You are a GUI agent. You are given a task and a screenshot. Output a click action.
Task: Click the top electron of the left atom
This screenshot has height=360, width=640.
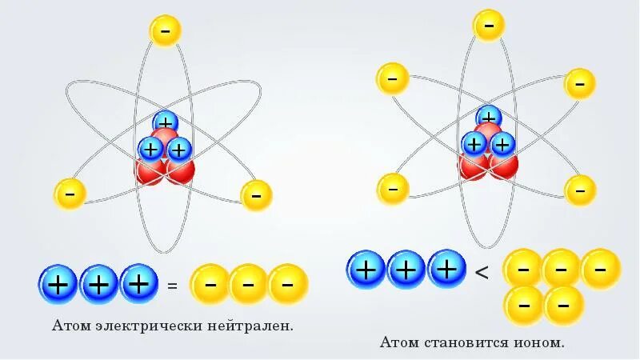(x=165, y=30)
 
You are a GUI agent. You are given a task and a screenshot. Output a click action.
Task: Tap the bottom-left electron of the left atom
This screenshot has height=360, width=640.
(x=70, y=194)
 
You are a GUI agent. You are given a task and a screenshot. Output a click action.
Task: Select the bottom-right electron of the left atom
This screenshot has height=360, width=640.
(x=256, y=195)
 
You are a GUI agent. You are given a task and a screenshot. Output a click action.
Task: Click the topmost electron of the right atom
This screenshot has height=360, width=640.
(x=488, y=25)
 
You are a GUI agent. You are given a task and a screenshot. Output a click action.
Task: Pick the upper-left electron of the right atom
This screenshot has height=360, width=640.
(x=392, y=78)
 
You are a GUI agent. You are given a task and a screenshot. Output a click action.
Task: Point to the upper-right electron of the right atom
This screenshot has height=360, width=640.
(x=579, y=83)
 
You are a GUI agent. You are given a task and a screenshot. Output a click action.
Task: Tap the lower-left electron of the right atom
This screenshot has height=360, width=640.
(x=392, y=189)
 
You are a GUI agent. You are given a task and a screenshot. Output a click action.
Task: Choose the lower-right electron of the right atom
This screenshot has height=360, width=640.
(x=580, y=190)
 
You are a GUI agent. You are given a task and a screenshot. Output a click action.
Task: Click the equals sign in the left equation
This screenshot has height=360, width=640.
(x=172, y=286)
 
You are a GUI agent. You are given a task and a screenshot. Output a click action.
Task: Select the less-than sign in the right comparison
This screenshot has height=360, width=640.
(x=482, y=272)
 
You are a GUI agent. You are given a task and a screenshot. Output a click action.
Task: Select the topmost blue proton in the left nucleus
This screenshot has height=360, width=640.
(x=166, y=123)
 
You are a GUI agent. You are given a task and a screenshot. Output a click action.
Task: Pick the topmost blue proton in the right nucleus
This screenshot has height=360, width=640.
(x=488, y=118)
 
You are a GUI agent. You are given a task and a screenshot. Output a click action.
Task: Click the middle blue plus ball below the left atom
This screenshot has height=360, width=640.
(x=99, y=284)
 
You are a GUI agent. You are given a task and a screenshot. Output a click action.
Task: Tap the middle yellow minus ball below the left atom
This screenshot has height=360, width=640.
(x=248, y=284)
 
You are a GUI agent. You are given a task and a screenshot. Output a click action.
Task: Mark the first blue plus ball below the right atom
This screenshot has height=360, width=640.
(x=366, y=270)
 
